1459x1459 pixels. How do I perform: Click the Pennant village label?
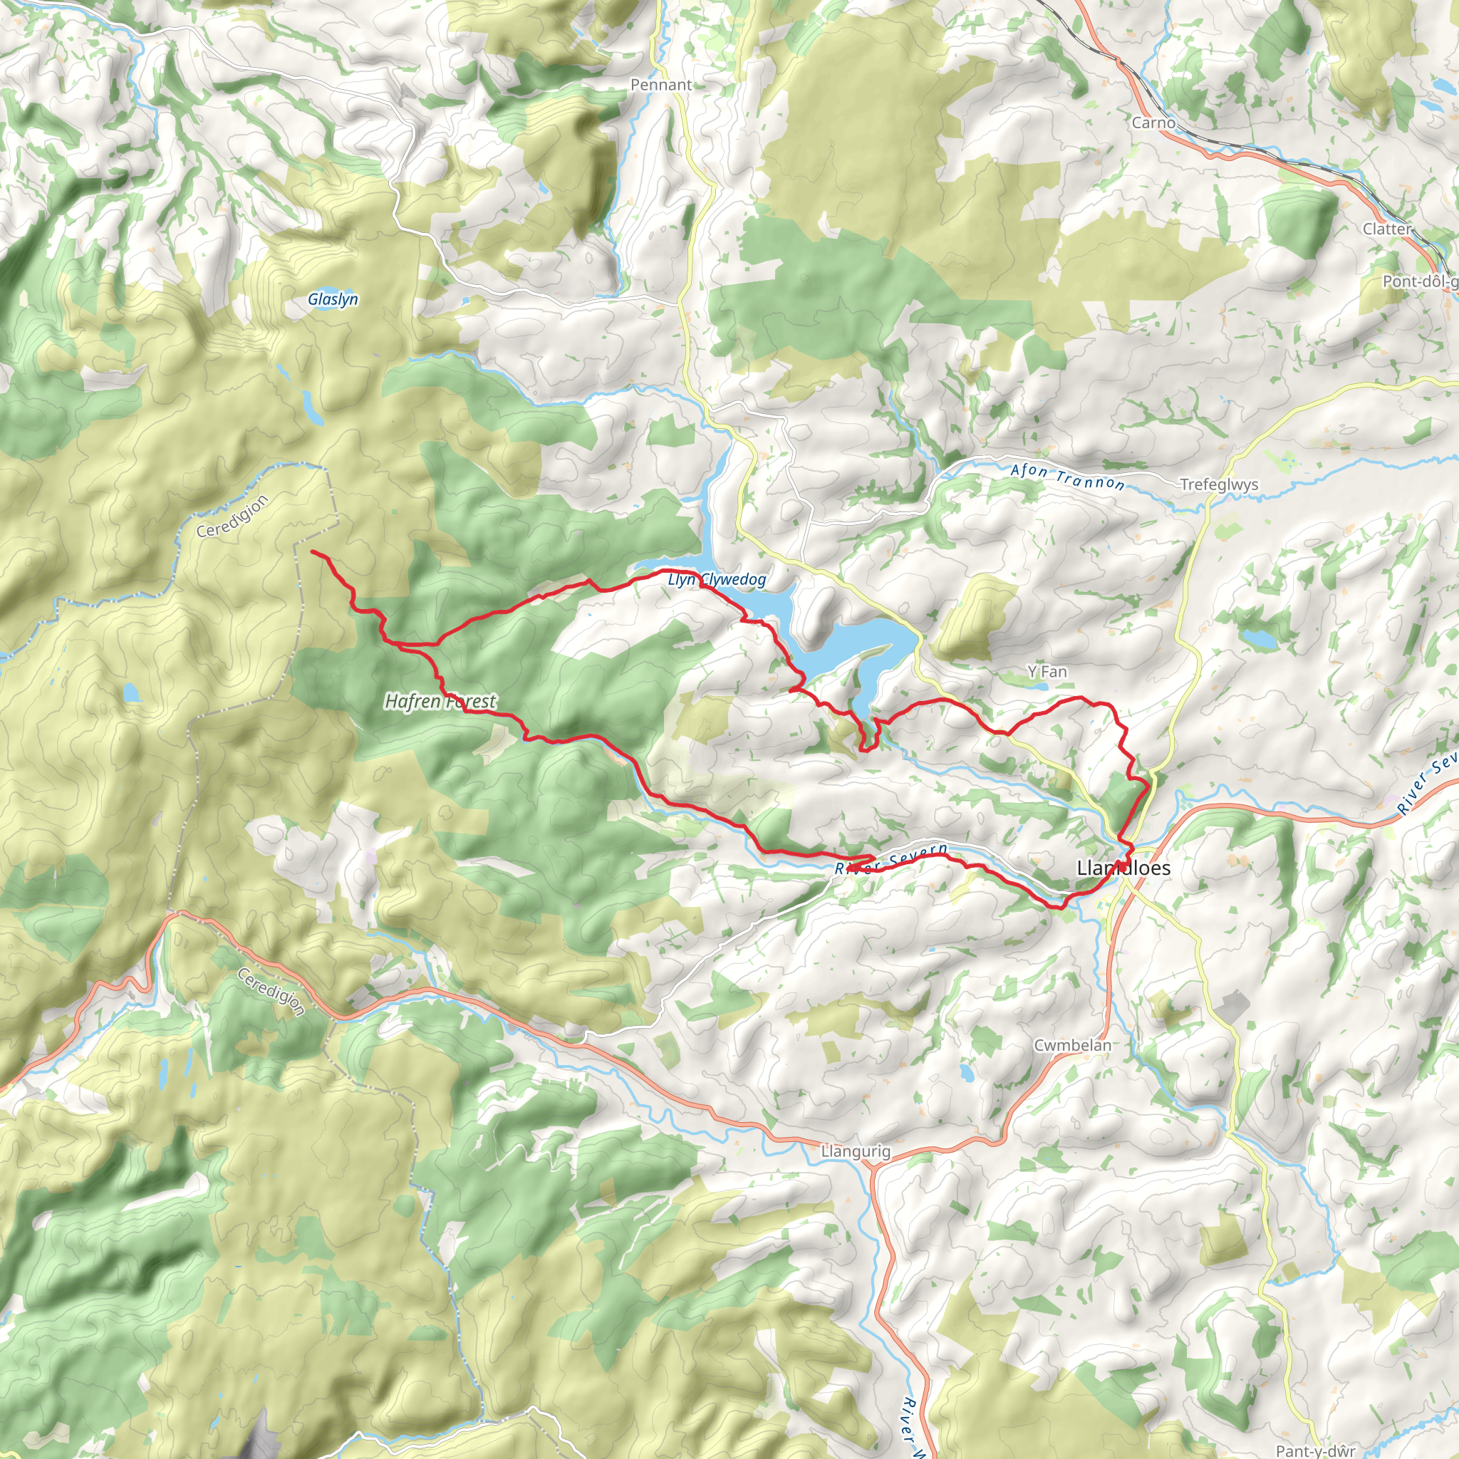(x=661, y=85)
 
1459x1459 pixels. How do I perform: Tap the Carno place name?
(x=1153, y=123)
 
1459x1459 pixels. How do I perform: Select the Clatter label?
(x=1386, y=229)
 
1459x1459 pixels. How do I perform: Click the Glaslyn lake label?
(x=333, y=299)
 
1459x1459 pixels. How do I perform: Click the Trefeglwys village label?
(x=1219, y=485)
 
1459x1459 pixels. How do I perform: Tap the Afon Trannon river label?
(x=1067, y=477)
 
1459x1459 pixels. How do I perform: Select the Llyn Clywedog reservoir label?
(x=717, y=579)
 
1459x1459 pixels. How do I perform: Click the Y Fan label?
(x=1047, y=671)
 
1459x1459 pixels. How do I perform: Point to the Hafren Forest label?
(x=440, y=702)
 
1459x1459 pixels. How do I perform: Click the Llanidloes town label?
(x=1123, y=868)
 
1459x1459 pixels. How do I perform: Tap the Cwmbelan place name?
(x=1072, y=1045)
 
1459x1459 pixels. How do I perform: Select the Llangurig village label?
(x=856, y=1152)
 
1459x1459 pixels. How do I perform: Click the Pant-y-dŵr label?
(x=1316, y=1450)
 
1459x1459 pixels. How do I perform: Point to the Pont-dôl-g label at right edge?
(x=1420, y=281)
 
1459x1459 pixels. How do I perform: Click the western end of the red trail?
(x=313, y=552)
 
